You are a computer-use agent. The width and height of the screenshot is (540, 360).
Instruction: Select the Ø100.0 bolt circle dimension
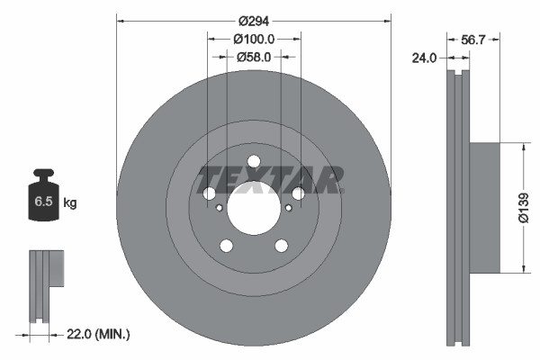[x=253, y=39]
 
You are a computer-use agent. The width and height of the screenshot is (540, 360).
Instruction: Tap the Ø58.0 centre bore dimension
[x=254, y=57]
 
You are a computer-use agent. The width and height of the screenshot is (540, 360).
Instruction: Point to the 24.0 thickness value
[x=424, y=58]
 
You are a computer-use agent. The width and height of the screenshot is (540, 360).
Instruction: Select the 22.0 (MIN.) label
[x=100, y=334]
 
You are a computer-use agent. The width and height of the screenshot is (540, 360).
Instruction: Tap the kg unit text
[x=70, y=203]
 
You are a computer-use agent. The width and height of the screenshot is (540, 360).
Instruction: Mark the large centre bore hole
[x=253, y=209]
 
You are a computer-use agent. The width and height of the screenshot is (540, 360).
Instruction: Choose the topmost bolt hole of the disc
[x=253, y=163]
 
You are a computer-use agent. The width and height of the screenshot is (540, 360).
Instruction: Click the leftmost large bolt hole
[x=209, y=194]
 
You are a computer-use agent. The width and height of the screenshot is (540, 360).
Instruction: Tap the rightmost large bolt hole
[x=298, y=193]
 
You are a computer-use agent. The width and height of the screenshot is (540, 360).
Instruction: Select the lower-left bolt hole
[x=226, y=247]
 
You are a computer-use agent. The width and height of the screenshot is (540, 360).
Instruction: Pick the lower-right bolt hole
[x=281, y=246]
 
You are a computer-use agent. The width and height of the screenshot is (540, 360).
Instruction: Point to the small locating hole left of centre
[x=219, y=208]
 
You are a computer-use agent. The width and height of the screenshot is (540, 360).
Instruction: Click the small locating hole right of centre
[x=288, y=208]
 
